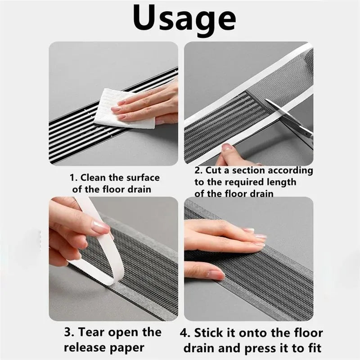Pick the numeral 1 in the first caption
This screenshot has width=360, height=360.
[72, 178]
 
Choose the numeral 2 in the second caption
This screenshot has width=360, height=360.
[198, 171]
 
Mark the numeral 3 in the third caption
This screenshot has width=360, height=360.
[67, 333]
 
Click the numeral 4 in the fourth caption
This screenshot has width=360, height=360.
[184, 333]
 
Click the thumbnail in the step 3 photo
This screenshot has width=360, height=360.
[100, 225]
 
